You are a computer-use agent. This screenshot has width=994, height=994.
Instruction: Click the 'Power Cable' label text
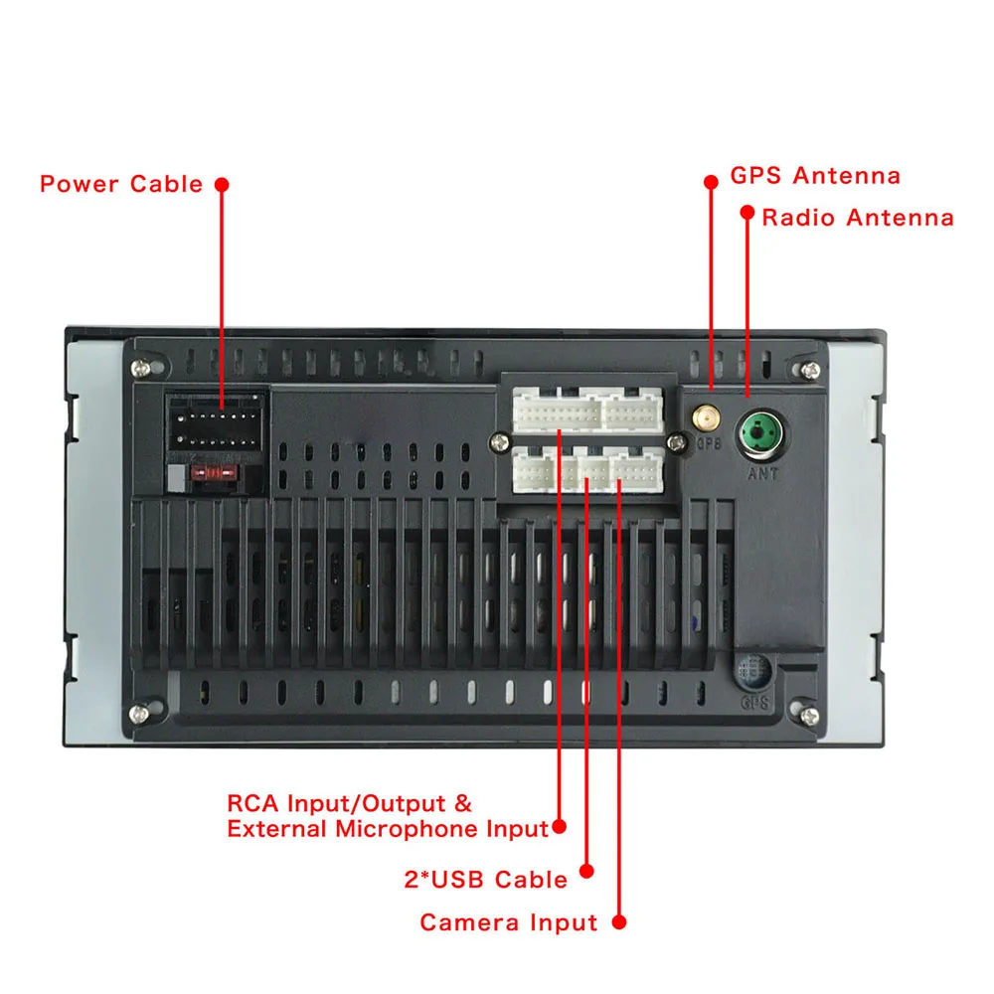click(120, 184)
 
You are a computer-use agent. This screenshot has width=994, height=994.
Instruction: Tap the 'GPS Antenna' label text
click(815, 177)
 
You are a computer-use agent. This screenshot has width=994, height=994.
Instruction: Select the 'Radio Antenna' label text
click(858, 218)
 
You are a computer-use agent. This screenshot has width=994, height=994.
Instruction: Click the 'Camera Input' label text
click(508, 922)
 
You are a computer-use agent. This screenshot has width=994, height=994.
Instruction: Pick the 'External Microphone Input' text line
click(388, 828)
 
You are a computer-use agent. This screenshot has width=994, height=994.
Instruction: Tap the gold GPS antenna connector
click(709, 415)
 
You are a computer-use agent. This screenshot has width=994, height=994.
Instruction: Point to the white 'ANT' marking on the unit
click(762, 474)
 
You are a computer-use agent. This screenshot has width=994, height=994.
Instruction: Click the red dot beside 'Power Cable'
click(222, 184)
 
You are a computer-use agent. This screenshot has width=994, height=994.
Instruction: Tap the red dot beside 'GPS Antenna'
click(711, 182)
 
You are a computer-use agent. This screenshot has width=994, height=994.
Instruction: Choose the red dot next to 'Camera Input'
click(618, 922)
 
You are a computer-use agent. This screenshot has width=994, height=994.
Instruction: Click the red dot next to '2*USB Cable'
click(586, 871)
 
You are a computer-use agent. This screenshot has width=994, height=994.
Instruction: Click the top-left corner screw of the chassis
click(147, 369)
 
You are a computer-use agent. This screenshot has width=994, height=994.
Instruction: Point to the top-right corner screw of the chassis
click(804, 370)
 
